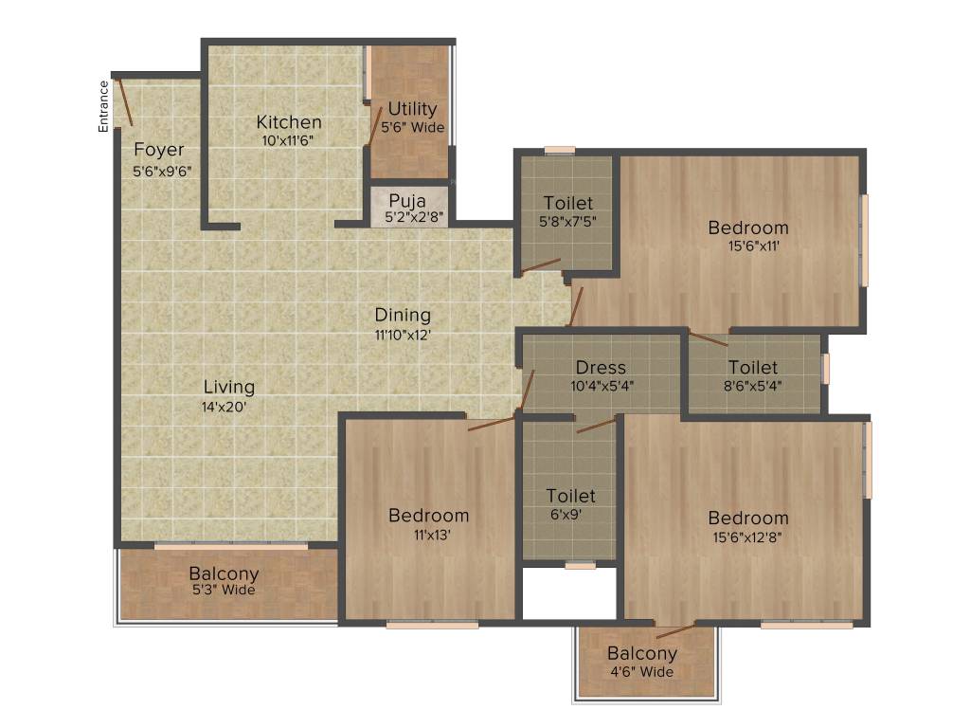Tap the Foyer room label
158,150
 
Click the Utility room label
412,109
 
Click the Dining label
403,315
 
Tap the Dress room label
601,368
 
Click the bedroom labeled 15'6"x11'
748,227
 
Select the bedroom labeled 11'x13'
428,516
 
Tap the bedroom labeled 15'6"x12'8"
748,519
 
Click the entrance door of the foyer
123,102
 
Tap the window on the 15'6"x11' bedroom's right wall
863,241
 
